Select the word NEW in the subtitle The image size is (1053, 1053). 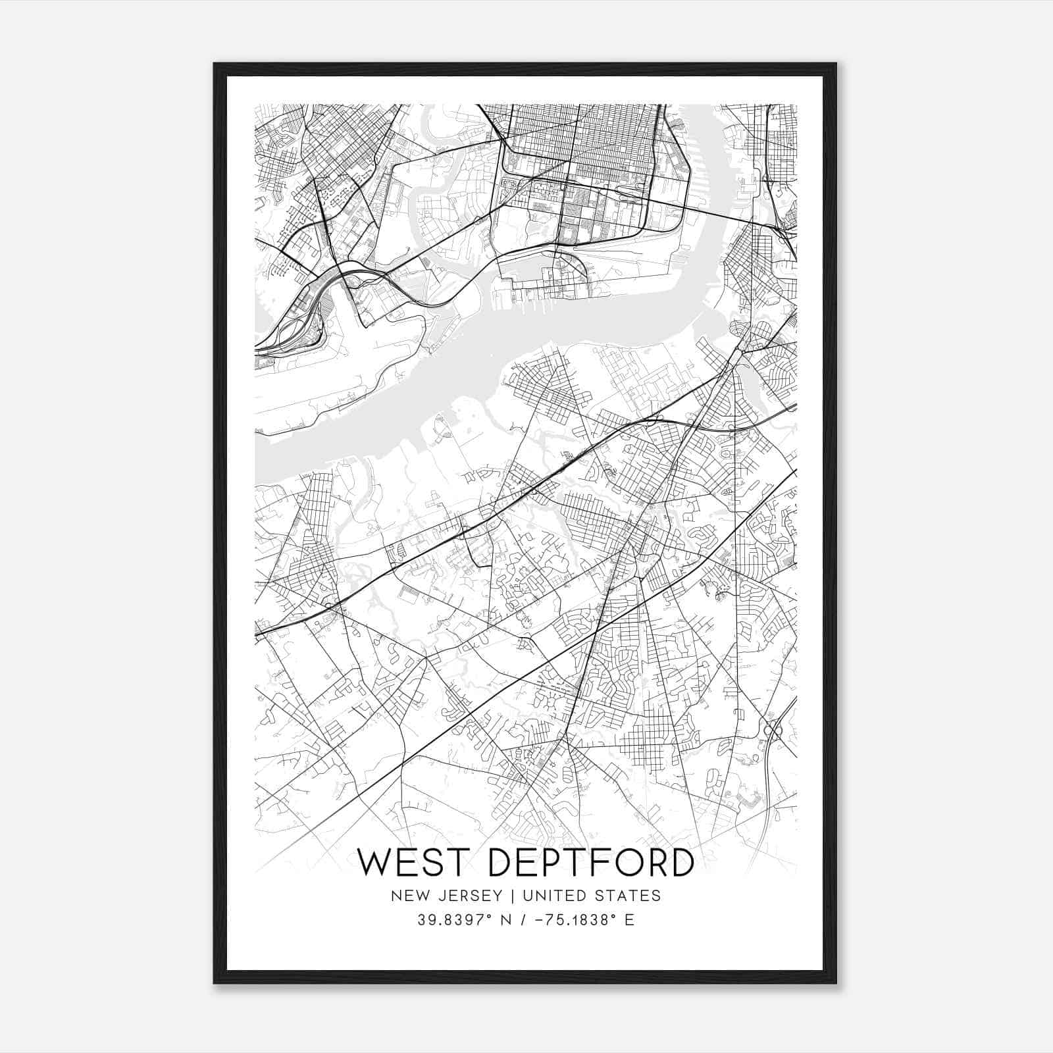tap(405, 896)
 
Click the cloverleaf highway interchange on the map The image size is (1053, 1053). tap(773, 729)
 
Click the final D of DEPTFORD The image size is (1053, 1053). tap(682, 863)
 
